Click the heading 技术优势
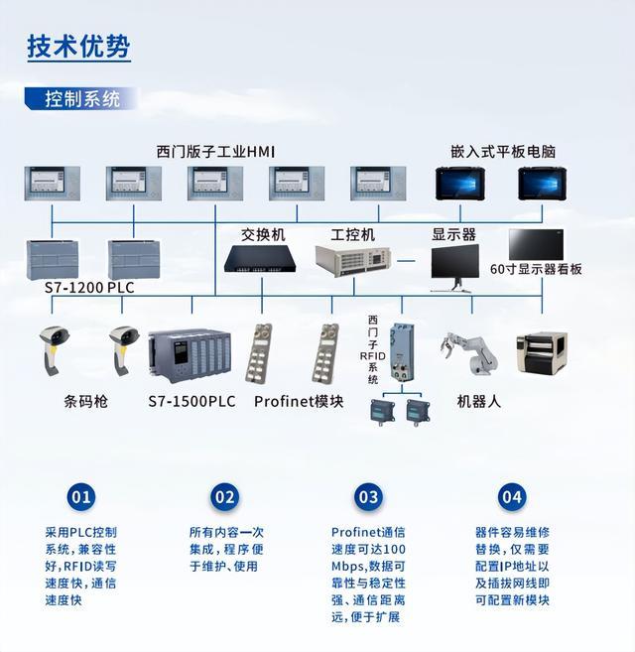point(78,47)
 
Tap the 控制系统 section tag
point(82,99)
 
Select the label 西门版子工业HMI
point(215,152)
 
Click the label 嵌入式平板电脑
point(503,152)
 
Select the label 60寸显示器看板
point(536,269)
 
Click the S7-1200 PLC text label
point(89,288)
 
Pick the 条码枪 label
point(86,402)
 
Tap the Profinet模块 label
point(299,402)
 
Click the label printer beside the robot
point(547,353)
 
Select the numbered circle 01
point(81,497)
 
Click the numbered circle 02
point(225,497)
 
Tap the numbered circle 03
point(368,497)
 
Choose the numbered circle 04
point(512,497)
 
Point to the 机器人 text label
point(479,402)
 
